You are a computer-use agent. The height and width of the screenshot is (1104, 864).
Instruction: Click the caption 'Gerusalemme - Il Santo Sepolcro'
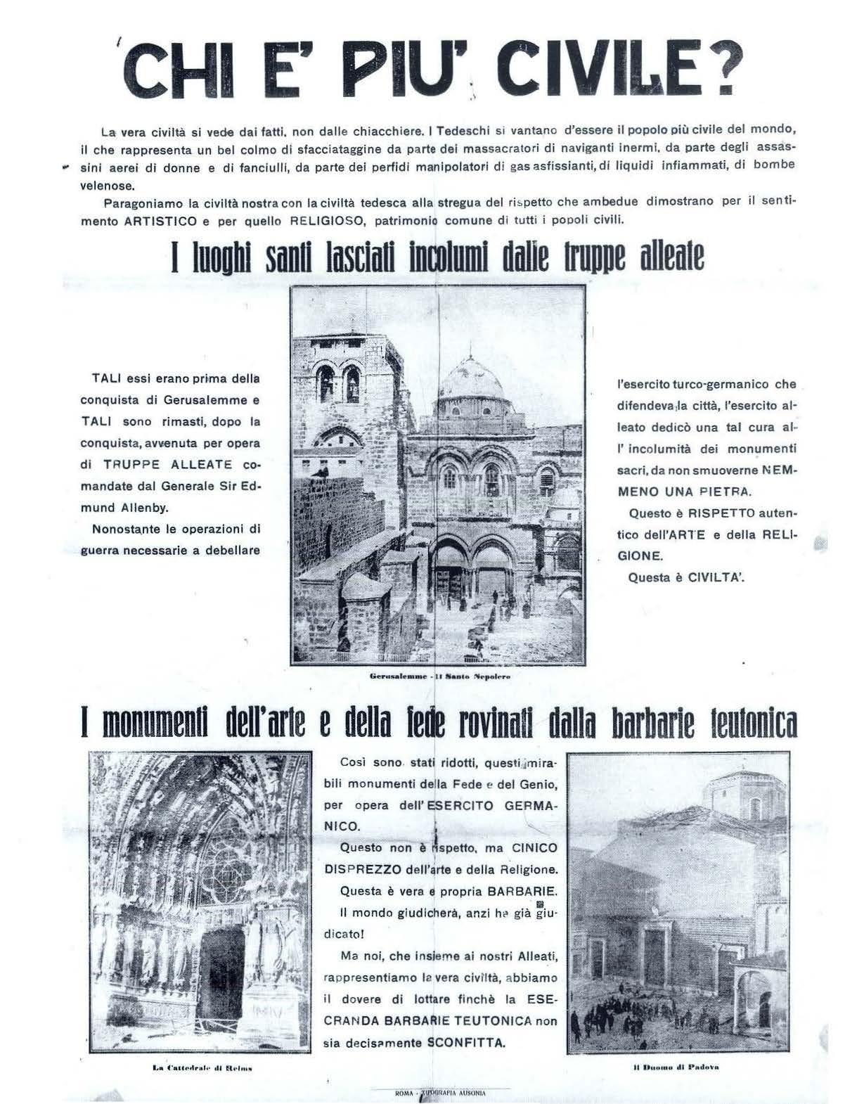coord(439,677)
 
